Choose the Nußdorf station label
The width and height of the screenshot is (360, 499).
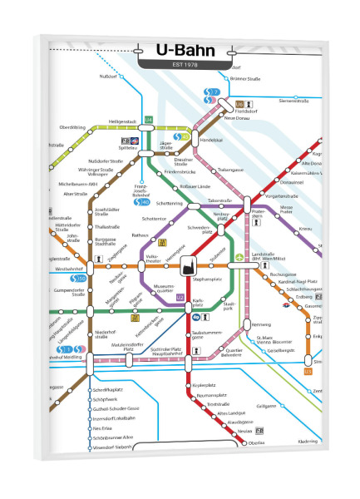[x=108, y=77]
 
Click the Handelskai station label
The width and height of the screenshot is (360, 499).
[x=214, y=140]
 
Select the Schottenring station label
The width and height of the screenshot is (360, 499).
[x=169, y=203]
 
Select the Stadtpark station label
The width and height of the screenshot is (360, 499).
[x=229, y=307]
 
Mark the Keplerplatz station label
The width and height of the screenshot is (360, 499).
[x=205, y=386]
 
